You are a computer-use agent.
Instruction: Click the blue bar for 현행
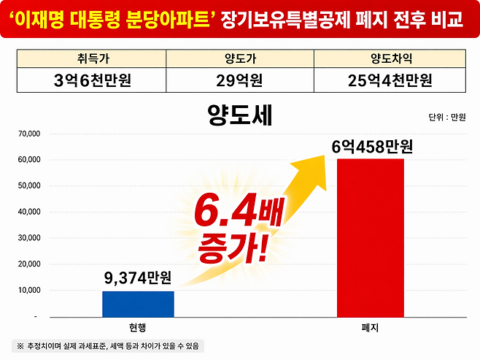click(138, 304)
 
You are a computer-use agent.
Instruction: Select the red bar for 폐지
click(370, 237)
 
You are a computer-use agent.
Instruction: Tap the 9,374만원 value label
click(138, 277)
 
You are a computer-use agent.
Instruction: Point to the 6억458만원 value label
click(372, 147)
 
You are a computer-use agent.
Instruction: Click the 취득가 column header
click(92, 59)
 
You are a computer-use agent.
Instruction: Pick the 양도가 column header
click(240, 59)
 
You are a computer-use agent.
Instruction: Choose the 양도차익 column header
click(390, 59)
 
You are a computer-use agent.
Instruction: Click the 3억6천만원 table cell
click(92, 80)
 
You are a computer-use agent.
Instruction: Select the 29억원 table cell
click(240, 80)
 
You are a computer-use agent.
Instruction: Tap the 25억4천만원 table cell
click(390, 80)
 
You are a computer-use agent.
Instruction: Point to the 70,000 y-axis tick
click(31, 134)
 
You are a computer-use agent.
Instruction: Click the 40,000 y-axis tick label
click(31, 212)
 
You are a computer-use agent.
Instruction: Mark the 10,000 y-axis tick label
click(31, 291)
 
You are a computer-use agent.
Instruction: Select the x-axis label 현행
click(138, 326)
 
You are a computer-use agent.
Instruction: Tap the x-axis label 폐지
click(370, 326)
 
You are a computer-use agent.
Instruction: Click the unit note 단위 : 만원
click(447, 117)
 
